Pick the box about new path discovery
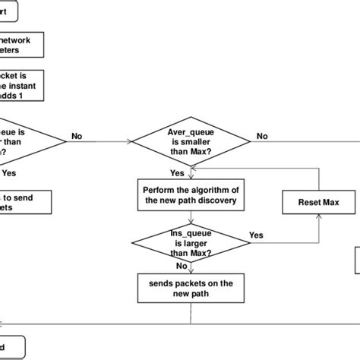[191, 194]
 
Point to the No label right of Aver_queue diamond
[262, 136]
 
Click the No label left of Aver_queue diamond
[77, 136]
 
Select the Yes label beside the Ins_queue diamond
[256, 235]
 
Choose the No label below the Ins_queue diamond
[182, 267]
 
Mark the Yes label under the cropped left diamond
[8, 172]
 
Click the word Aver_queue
[188, 131]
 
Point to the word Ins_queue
[188, 233]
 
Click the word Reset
[308, 203]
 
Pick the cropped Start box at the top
[14, 12]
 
